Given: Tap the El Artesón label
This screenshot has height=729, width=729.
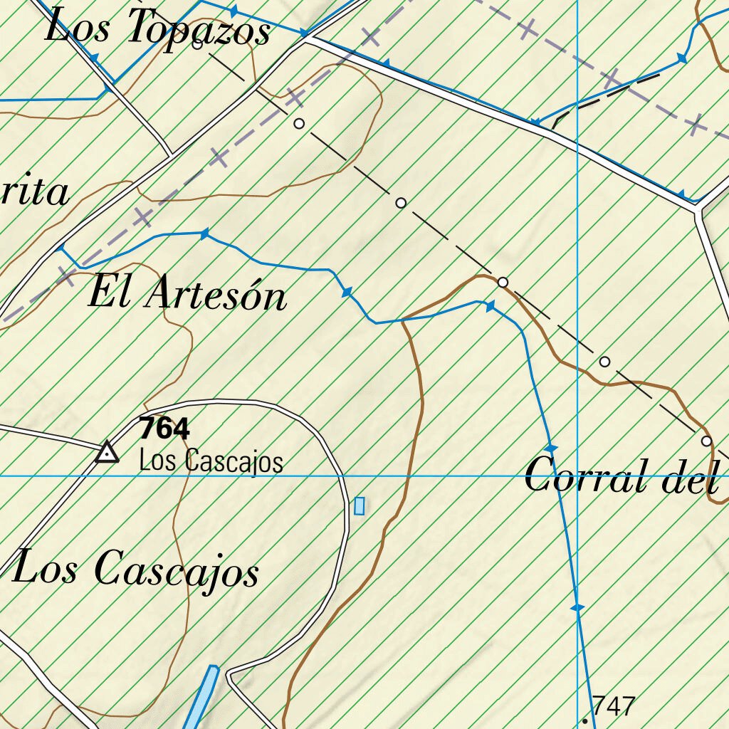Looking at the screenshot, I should click(188, 294).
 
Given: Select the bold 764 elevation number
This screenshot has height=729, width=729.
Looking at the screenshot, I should click(164, 429).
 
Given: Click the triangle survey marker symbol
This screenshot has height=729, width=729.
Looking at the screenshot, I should click(107, 452).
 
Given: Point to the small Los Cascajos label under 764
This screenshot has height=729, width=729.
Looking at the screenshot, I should click(211, 461).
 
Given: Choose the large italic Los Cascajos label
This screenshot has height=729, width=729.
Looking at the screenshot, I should click(135, 570).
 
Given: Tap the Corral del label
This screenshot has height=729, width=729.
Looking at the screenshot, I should click(620, 476).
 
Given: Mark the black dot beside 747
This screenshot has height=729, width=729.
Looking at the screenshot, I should click(585, 720).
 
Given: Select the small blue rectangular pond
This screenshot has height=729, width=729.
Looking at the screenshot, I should click(360, 505).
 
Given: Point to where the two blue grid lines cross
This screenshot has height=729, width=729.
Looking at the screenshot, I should click(577, 475).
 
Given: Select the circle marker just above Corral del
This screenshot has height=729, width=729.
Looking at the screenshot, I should click(706, 441).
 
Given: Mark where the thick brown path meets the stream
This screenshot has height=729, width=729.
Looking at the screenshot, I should click(402, 321).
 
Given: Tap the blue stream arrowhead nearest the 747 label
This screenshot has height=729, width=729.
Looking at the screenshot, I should click(577, 607).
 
